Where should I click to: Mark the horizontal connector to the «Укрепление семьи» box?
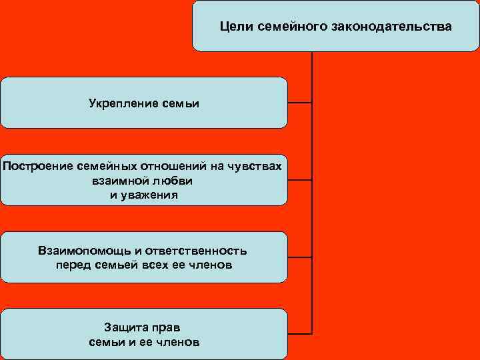point(300,103)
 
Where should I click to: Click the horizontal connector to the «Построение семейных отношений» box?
point(300,180)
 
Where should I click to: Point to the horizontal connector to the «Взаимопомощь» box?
point(300,257)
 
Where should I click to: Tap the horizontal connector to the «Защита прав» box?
point(300,332)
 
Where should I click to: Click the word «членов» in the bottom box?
point(177,342)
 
